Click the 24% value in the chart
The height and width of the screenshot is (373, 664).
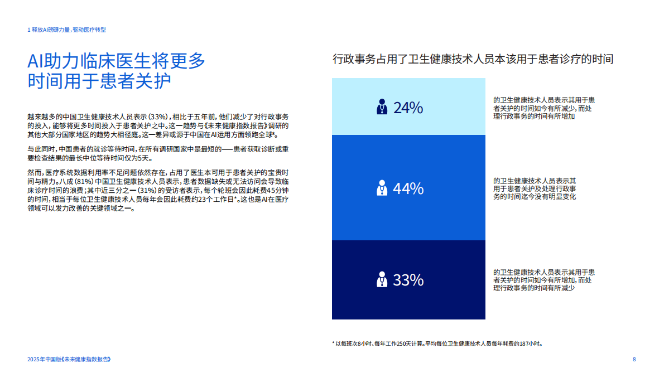[x=408, y=108]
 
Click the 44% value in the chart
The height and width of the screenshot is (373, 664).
[x=408, y=189]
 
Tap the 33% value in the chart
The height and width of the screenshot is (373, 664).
[x=408, y=280]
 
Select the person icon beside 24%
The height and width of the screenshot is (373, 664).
[x=382, y=107]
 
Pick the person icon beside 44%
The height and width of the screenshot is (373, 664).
[x=382, y=188]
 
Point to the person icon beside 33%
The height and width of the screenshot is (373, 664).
[x=382, y=279]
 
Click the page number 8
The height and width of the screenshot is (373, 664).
[x=634, y=359]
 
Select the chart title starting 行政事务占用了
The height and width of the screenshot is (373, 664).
[x=473, y=59]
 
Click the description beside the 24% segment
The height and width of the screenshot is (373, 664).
[x=543, y=108]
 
